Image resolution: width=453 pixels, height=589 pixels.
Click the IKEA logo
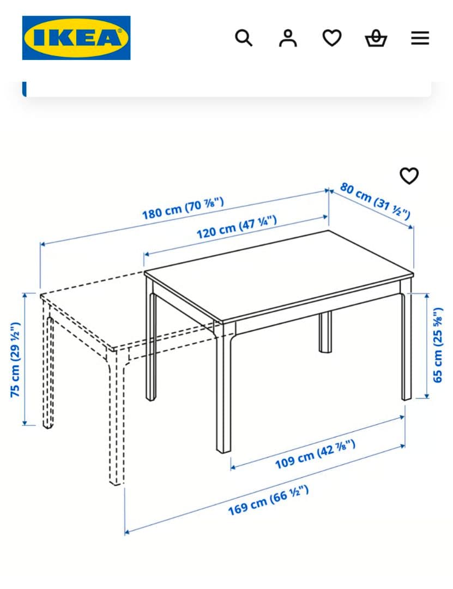(76, 38)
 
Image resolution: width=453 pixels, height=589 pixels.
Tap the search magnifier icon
(244, 38)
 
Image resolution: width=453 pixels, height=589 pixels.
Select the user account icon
(288, 38)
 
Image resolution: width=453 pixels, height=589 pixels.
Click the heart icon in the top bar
(332, 38)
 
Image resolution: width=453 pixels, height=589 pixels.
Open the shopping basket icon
(376, 39)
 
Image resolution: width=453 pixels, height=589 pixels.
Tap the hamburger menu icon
(420, 38)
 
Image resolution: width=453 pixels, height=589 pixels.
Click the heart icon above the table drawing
(409, 176)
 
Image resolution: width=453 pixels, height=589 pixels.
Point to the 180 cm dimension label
(183, 209)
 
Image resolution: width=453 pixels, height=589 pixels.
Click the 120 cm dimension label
(237, 227)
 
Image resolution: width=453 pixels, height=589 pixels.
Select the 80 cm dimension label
(375, 200)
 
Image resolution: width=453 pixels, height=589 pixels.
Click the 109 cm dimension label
(315, 454)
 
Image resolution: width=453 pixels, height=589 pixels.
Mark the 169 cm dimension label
(268, 500)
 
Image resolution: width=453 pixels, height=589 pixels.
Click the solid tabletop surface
(278, 273)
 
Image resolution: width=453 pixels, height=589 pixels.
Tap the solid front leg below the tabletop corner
(224, 393)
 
